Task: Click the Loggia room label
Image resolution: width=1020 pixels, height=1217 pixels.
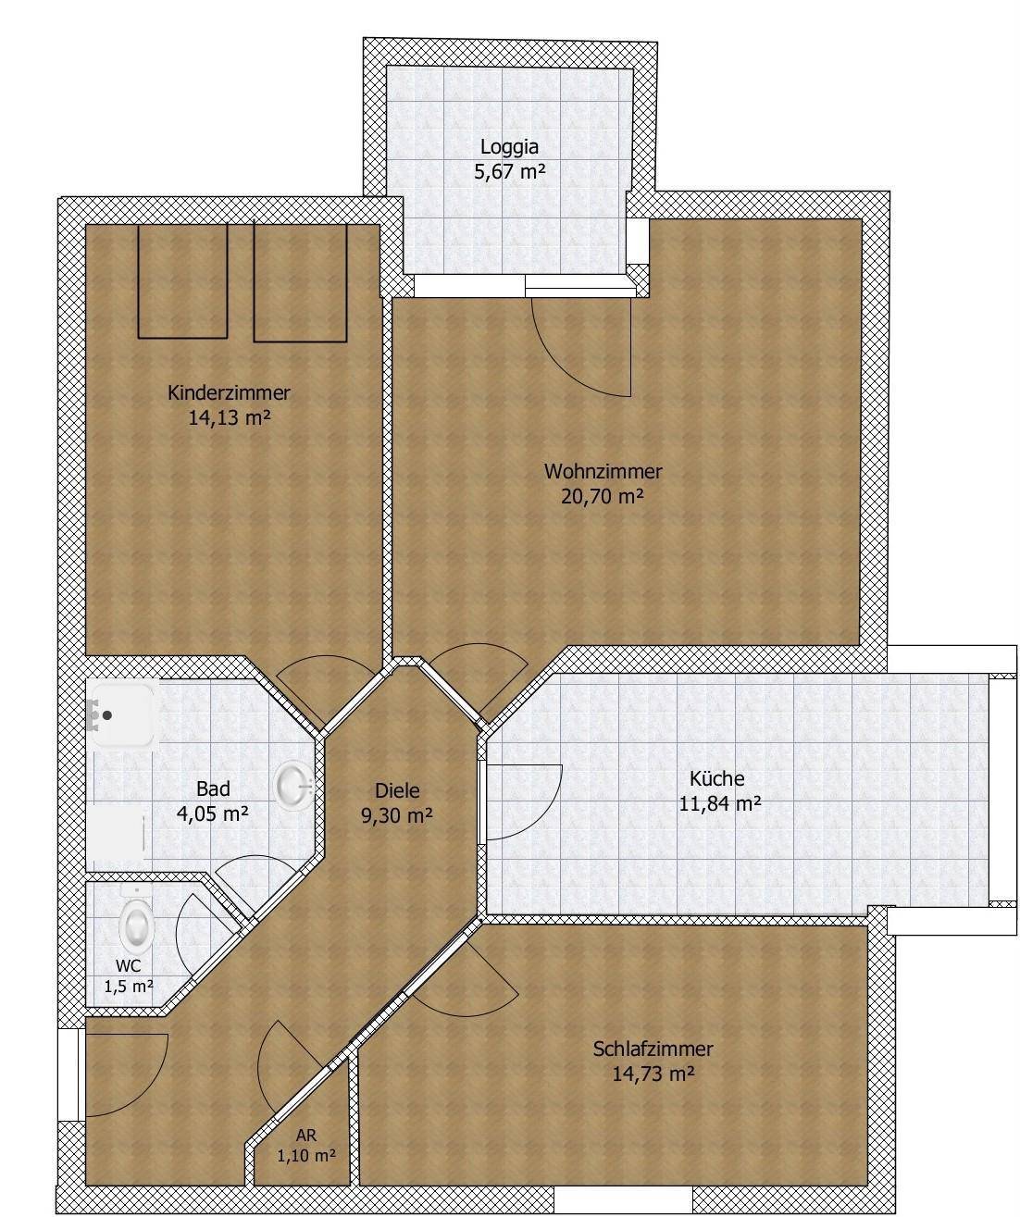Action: pos(509,148)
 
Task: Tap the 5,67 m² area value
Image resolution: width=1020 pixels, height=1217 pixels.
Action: pos(510,172)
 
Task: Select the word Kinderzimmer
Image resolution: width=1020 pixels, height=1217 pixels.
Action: pos(229,392)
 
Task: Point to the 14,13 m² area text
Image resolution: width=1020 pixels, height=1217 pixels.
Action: pos(230,418)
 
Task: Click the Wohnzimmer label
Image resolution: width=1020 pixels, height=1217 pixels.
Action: pos(603,471)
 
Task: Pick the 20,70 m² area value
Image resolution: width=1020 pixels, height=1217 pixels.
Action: pos(602,496)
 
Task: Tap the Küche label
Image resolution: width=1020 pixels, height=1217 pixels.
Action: pos(717,778)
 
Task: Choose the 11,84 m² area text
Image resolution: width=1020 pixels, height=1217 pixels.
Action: pos(720,803)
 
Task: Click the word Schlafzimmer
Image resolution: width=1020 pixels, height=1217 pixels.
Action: pos(653,1049)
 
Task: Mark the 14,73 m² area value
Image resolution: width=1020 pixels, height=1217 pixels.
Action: pos(653,1074)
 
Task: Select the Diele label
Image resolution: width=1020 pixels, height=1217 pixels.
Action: pos(397,790)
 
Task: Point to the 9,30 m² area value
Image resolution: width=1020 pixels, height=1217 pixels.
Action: pos(397,815)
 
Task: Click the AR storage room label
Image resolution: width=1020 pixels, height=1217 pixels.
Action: pos(306,1135)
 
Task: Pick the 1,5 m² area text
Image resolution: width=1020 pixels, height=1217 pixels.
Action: pos(129,987)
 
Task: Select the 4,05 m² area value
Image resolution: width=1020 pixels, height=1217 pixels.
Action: pos(213,813)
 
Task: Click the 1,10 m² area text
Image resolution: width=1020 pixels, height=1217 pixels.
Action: pos(306,1155)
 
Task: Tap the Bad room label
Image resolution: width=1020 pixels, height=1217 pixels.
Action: pos(213,789)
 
